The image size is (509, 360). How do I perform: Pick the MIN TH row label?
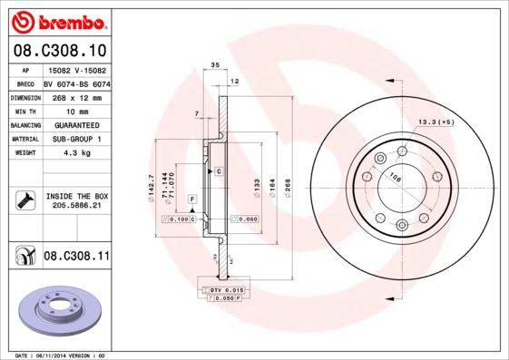24,111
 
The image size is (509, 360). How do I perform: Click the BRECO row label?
24,83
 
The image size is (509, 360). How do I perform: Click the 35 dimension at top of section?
215,65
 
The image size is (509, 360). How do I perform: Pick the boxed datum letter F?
191,198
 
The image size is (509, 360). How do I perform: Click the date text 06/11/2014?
59,355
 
